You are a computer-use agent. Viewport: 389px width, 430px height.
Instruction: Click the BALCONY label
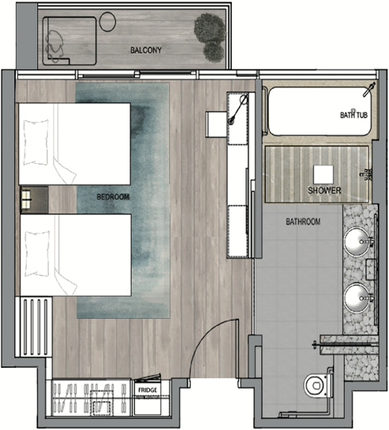point(146,50)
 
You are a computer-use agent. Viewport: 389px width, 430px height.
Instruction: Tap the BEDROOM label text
point(113,197)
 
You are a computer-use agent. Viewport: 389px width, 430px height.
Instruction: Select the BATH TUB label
point(353,115)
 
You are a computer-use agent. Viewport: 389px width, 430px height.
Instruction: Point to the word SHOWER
point(325,190)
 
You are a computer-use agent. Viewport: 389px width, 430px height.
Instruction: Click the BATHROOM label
point(303,222)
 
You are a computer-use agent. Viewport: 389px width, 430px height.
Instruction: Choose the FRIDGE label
point(148,390)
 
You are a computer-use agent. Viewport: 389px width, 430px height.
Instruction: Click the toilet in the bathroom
point(318,385)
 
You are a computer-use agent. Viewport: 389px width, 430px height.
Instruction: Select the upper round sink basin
point(357,242)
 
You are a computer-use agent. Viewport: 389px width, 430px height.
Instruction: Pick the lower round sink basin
point(357,298)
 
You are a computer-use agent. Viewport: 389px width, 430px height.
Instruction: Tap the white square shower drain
point(323,175)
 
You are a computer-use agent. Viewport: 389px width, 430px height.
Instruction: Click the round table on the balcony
point(107,21)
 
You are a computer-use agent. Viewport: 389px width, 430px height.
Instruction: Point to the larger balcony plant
point(210,29)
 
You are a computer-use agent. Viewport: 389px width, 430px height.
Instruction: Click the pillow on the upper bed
point(37,142)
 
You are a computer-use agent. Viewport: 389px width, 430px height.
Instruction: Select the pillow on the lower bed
point(37,253)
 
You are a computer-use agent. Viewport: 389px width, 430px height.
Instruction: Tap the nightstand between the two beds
point(34,200)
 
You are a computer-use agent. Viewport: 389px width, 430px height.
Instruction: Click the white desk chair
point(217,124)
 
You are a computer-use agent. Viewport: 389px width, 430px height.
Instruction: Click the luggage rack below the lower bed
point(33,327)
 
